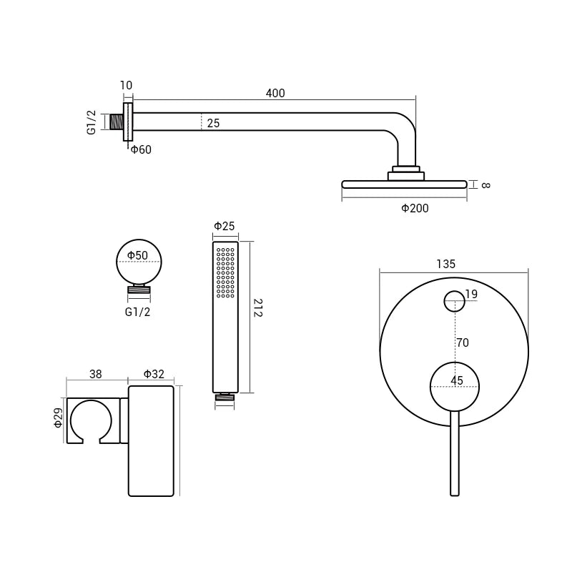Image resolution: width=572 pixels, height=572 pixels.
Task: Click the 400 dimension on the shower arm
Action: click(275, 93)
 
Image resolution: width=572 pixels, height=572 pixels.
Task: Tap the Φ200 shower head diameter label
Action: click(415, 208)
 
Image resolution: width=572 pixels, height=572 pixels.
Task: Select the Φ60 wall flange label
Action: click(141, 149)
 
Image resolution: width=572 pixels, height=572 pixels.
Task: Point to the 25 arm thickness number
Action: click(213, 124)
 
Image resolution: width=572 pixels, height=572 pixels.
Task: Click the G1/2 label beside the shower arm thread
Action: click(92, 122)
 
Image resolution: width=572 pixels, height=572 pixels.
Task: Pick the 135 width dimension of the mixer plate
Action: click(445, 264)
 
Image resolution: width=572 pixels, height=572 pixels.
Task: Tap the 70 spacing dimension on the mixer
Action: click(463, 342)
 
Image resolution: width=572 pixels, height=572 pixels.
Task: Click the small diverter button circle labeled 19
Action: click(454, 302)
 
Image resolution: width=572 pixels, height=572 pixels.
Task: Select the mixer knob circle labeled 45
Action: click(455, 387)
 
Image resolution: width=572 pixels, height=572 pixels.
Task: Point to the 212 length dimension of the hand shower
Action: click(258, 309)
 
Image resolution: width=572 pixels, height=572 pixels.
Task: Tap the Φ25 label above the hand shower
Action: click(225, 227)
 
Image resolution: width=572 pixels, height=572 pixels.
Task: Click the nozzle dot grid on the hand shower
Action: click(226, 272)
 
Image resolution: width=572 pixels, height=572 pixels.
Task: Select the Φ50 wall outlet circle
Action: click(139, 262)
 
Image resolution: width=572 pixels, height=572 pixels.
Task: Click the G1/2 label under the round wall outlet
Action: click(138, 312)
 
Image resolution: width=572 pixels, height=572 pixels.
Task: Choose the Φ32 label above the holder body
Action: click(154, 373)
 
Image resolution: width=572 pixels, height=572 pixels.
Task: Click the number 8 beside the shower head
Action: click(485, 184)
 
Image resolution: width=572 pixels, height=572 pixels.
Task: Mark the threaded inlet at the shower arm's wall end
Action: click(112, 122)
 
